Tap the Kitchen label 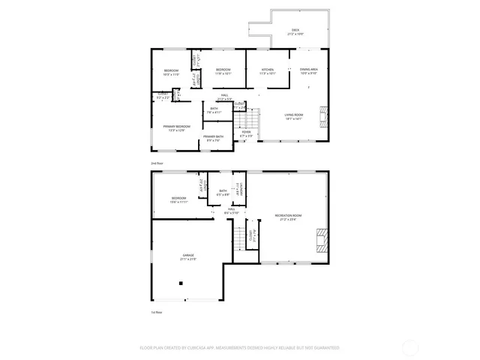pos(268,71)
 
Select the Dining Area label pos(308,71)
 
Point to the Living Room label pos(292,116)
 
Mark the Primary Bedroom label pos(177,128)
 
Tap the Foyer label pos(246,133)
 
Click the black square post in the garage pos(180,283)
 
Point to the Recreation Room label pos(287,217)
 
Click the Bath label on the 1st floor pos(223,193)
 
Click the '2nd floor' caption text pos(157,162)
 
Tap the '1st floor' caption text pos(156,311)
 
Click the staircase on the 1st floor pos(240,238)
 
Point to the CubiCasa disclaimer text pos(239,348)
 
